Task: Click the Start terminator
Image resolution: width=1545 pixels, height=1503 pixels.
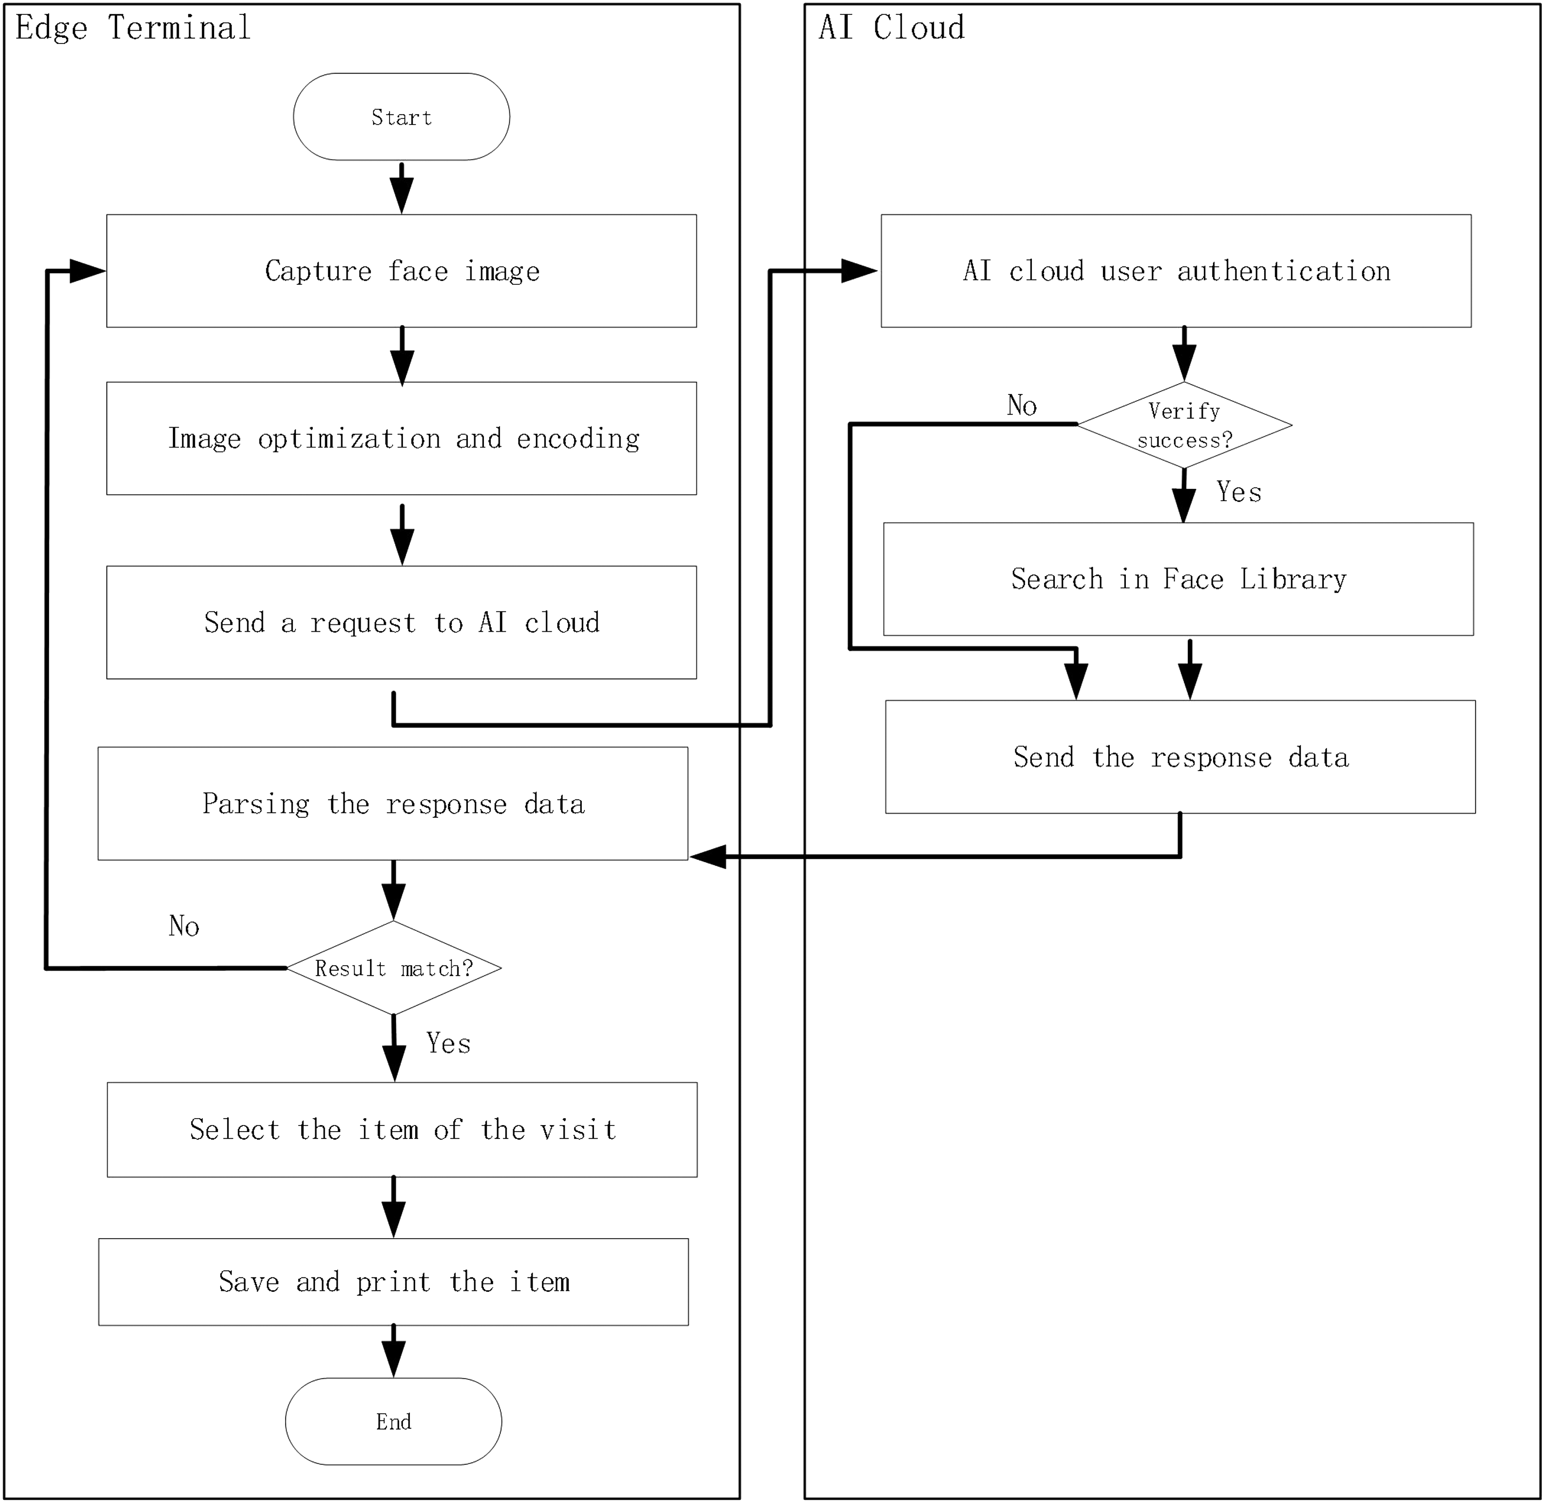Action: [x=402, y=117]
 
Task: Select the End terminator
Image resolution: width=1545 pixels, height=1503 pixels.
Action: [x=394, y=1422]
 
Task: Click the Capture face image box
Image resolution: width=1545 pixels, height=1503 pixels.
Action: [x=402, y=271]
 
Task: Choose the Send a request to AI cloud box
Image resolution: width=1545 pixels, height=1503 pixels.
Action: [x=402, y=623]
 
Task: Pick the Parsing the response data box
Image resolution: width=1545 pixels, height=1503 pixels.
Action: [x=393, y=804]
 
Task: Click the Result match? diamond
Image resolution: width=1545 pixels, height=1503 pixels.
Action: [x=394, y=968]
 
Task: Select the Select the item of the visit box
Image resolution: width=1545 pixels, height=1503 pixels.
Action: [x=403, y=1129]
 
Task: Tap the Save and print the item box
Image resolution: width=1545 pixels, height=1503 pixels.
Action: [x=394, y=1282]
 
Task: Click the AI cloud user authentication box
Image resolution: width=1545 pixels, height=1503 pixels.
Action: [x=1176, y=271]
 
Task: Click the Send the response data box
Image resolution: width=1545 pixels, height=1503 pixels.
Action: [x=1180, y=757]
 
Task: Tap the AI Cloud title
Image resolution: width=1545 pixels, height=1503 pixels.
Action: [x=892, y=27]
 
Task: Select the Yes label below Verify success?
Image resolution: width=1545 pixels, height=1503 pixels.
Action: [x=1239, y=492]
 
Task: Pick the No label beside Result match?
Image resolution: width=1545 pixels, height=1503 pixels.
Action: [x=184, y=926]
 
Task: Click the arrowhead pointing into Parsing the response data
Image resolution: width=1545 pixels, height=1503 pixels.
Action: [x=708, y=856]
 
